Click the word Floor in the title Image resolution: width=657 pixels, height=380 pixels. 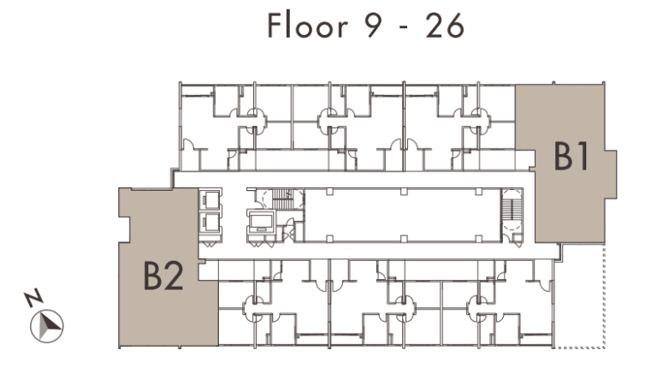click(x=308, y=26)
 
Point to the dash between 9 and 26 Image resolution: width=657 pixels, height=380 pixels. click(x=404, y=28)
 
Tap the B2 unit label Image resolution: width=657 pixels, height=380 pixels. click(x=163, y=276)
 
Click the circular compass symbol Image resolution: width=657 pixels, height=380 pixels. click(x=47, y=325)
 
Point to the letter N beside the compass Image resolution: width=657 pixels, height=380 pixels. click(x=33, y=297)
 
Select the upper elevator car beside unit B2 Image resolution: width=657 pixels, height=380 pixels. click(x=210, y=199)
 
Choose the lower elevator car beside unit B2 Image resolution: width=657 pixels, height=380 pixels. click(x=210, y=223)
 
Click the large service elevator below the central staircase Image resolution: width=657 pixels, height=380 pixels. click(x=261, y=222)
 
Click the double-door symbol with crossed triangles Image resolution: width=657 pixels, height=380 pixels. click(x=288, y=234)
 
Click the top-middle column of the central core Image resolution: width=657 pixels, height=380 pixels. click(x=404, y=192)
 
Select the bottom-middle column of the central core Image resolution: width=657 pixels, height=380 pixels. click(x=404, y=239)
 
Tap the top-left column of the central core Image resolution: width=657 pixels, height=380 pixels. click(x=329, y=192)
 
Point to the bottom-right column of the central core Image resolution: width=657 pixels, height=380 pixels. click(x=478, y=239)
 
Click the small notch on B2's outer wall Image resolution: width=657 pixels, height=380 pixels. click(x=125, y=229)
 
